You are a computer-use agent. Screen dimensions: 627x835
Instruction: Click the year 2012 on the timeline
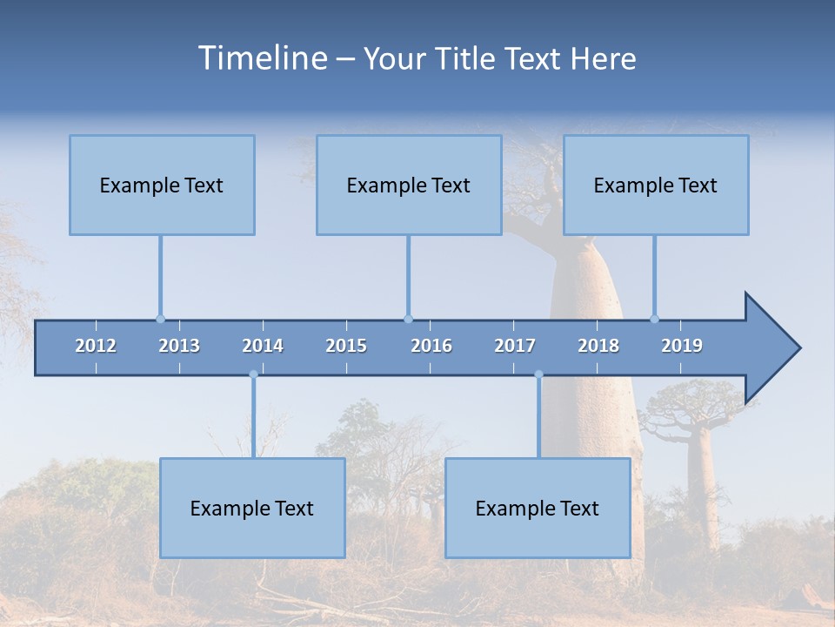96,346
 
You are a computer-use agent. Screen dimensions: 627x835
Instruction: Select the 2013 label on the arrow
179,346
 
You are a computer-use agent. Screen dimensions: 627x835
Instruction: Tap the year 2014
263,346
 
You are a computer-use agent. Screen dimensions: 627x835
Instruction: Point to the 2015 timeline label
346,346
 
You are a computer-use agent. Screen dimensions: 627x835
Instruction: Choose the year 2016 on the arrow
431,346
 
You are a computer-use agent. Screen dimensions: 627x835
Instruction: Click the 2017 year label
515,346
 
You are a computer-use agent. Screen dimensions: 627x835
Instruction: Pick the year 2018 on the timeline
598,346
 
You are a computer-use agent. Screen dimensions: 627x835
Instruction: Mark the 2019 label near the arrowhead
682,346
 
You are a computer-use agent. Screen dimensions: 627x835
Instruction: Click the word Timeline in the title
261,58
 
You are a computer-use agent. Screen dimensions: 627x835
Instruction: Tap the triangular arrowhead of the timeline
770,348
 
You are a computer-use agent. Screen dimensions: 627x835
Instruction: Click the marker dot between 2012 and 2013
160,319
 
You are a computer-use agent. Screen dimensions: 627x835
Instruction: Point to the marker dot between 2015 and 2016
408,319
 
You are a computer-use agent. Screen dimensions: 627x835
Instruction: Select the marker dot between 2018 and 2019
654,319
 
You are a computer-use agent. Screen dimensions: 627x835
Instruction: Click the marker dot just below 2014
253,374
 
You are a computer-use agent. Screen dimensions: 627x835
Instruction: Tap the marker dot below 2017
538,374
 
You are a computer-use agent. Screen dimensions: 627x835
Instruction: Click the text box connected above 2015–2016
409,185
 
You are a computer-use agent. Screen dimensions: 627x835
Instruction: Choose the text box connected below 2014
252,508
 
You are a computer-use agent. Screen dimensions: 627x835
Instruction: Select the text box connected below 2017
538,508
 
